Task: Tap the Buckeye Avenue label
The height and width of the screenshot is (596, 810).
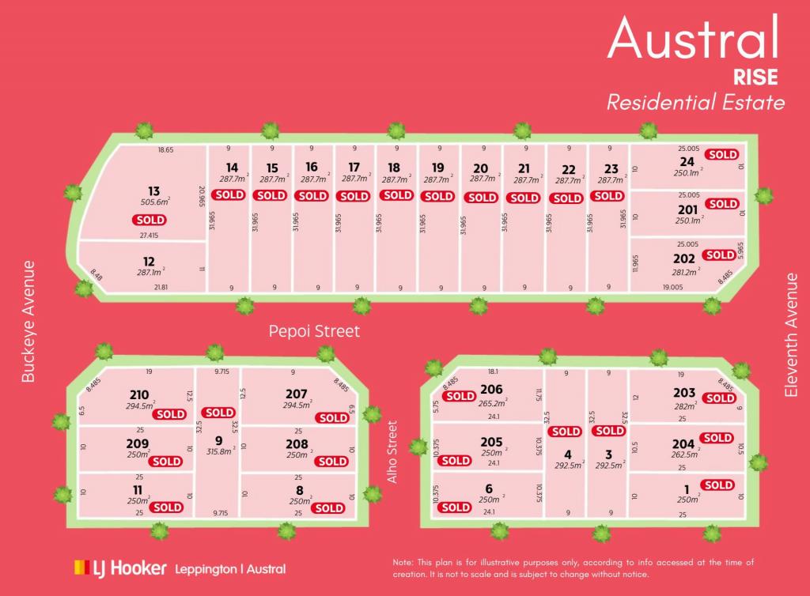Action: click(28, 322)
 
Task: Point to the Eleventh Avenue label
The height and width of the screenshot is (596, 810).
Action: click(792, 335)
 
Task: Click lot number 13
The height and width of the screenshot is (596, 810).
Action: click(153, 191)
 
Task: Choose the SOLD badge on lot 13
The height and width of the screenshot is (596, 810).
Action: click(150, 220)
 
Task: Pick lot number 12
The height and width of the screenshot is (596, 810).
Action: click(149, 261)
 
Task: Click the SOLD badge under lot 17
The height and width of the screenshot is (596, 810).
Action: click(355, 195)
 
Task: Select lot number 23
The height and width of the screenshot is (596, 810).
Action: click(611, 168)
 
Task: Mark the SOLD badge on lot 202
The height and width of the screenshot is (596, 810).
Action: click(720, 255)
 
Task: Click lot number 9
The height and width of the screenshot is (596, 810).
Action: click(218, 442)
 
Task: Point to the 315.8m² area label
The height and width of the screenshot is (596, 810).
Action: click(218, 453)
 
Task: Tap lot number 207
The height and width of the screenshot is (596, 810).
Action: click(296, 393)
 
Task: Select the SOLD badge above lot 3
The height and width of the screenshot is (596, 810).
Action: click(609, 431)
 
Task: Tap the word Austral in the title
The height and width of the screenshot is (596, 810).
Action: click(693, 38)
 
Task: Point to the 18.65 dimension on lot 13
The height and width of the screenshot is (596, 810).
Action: click(165, 149)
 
